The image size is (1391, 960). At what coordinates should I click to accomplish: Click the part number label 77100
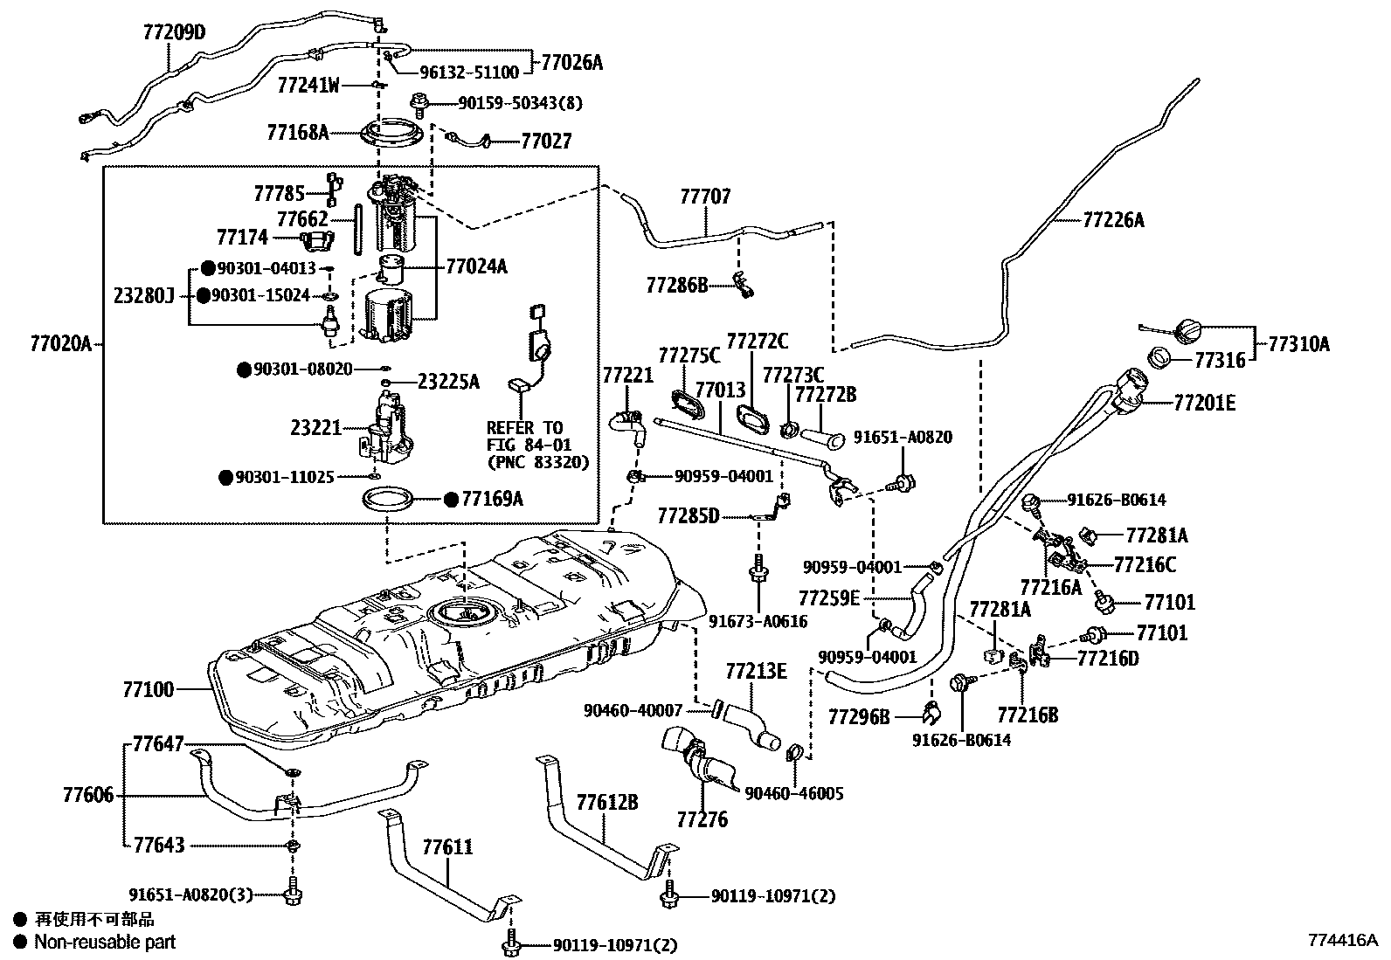coord(149,689)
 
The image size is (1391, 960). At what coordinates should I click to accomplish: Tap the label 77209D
coord(174,31)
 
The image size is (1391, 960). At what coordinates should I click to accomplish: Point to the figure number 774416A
coord(1343,940)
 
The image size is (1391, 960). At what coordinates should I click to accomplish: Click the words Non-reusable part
coord(105,942)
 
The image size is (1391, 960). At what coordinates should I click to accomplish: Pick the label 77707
coord(705,197)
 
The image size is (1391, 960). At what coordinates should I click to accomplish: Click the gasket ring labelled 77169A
coord(388,500)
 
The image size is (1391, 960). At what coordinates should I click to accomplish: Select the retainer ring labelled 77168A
coord(391,133)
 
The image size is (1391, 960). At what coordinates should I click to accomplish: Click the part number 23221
coord(316,428)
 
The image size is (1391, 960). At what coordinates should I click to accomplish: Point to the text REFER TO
coord(524,428)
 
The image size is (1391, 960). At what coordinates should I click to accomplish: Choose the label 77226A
coord(1113,220)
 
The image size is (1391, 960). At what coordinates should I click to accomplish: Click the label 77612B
coord(607,802)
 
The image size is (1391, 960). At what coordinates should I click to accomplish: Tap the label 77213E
coord(757,671)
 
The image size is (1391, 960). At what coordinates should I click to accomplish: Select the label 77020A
coord(61,343)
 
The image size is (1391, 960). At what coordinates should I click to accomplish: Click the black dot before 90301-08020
coord(245,370)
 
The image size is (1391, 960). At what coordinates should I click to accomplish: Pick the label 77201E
coord(1205,403)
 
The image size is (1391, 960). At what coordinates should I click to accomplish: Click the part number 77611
coord(447,847)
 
